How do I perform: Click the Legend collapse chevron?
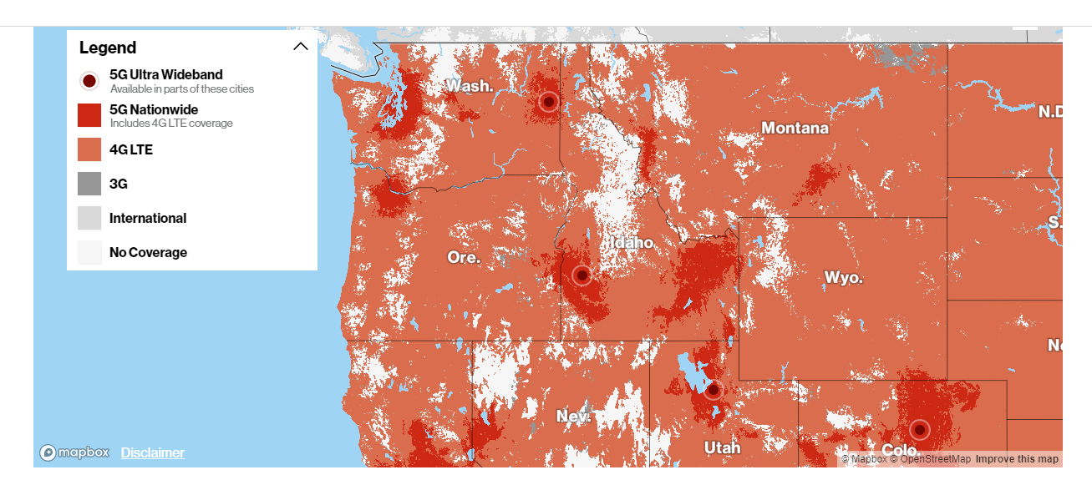coord(301,47)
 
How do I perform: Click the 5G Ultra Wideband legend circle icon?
coord(89,81)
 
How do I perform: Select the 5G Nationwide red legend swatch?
coord(89,115)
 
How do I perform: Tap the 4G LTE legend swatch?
coord(89,149)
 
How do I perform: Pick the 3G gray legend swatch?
coord(89,184)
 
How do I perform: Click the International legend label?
coord(148,218)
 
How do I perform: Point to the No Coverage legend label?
coord(148,252)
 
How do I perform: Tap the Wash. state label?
coord(470,85)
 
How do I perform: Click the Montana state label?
coord(795,128)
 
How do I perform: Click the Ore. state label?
coord(464,257)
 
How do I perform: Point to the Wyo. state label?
coord(843,277)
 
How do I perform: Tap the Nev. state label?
coord(574,416)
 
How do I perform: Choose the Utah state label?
coord(722,447)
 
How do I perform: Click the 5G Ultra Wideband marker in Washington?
coord(548,102)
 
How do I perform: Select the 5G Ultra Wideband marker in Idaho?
coord(582,275)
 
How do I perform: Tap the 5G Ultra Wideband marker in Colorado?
coord(919,430)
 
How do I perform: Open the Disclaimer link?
coord(153,452)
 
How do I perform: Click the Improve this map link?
coord(1017,459)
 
